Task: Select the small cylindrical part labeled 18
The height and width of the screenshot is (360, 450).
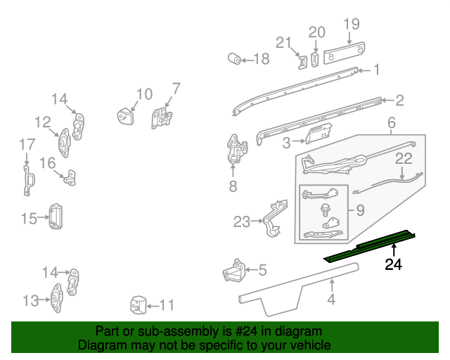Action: (x=233, y=58)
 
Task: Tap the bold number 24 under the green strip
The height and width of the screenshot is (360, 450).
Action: (x=394, y=265)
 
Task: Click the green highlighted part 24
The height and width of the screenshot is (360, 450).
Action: (x=369, y=245)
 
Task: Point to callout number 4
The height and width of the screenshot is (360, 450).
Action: (x=330, y=300)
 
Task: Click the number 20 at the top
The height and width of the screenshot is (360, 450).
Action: (x=317, y=32)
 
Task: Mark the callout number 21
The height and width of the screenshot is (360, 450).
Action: (x=283, y=43)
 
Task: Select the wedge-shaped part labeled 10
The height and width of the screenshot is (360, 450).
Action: (x=126, y=115)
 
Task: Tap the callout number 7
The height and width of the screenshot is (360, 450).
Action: (x=176, y=89)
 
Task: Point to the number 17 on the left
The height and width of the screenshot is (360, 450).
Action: (x=27, y=145)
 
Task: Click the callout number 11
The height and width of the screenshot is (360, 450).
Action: (x=167, y=305)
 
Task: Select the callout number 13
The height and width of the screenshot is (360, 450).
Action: (x=30, y=301)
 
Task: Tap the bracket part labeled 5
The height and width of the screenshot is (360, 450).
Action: (x=233, y=270)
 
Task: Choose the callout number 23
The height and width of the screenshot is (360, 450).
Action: (x=242, y=222)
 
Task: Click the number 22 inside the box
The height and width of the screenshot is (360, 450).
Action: (x=403, y=159)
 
